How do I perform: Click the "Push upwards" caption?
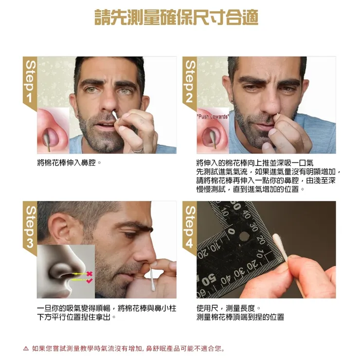(212, 117)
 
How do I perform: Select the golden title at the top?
(176, 18)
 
